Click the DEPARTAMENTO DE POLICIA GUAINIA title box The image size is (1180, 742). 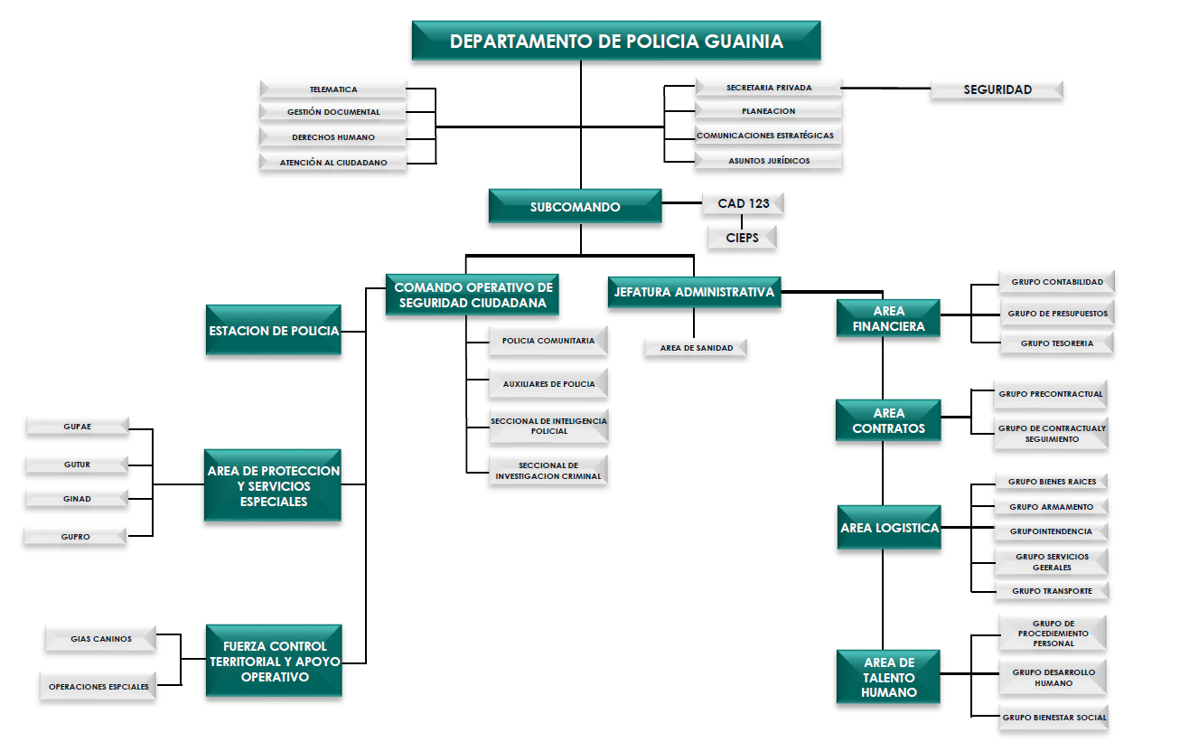(x=616, y=42)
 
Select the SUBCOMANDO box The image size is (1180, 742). (x=575, y=207)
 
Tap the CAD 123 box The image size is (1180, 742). (x=743, y=203)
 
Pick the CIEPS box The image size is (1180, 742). (x=742, y=238)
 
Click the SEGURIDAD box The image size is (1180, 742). (x=997, y=89)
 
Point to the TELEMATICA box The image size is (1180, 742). (x=333, y=89)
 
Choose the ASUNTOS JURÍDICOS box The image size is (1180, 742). (x=769, y=161)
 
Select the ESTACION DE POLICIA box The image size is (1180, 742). (x=274, y=331)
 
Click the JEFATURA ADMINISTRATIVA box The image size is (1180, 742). (x=694, y=292)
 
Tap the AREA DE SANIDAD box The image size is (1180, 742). (x=696, y=348)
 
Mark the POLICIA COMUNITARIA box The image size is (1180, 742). (x=548, y=341)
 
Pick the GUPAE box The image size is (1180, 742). (x=78, y=427)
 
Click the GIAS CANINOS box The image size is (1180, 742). (x=101, y=639)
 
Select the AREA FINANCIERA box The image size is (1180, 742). (x=888, y=319)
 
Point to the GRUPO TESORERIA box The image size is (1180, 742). (x=1056, y=343)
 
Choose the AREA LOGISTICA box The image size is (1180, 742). (x=889, y=528)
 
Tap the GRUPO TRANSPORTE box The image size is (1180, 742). (x=1052, y=591)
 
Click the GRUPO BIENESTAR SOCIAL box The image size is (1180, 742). (x=1054, y=718)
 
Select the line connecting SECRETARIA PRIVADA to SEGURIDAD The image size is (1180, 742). (x=886, y=89)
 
